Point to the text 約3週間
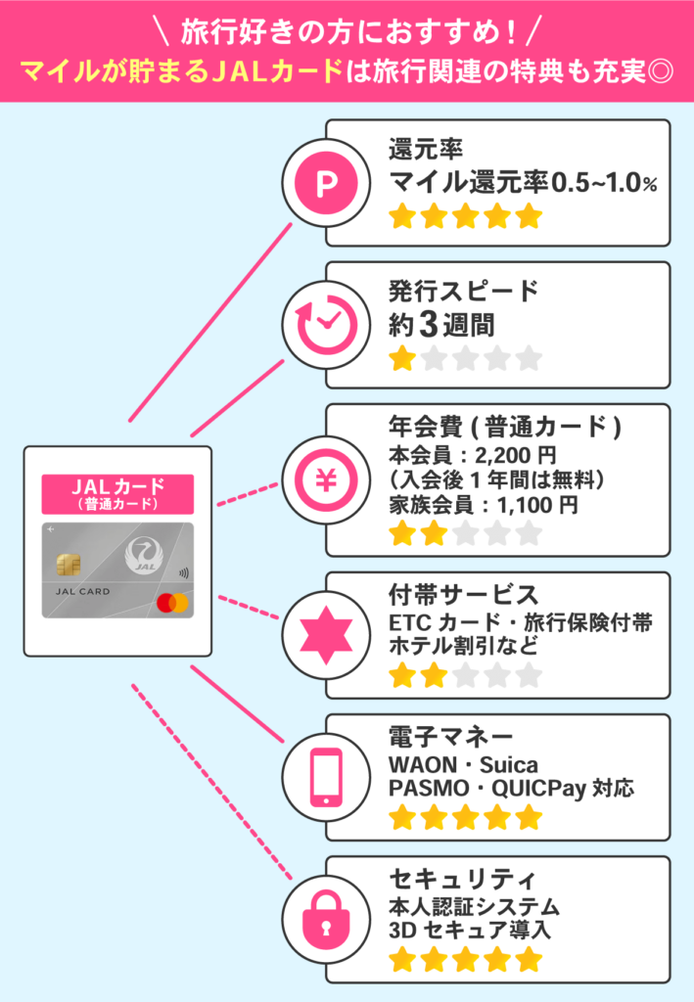click(x=441, y=324)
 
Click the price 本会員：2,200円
click(x=472, y=455)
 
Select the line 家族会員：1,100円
click(x=484, y=505)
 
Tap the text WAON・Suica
click(x=463, y=763)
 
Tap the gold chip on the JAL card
click(x=69, y=564)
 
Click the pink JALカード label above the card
click(x=117, y=493)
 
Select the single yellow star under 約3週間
click(x=401, y=359)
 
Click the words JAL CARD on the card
click(x=77, y=592)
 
